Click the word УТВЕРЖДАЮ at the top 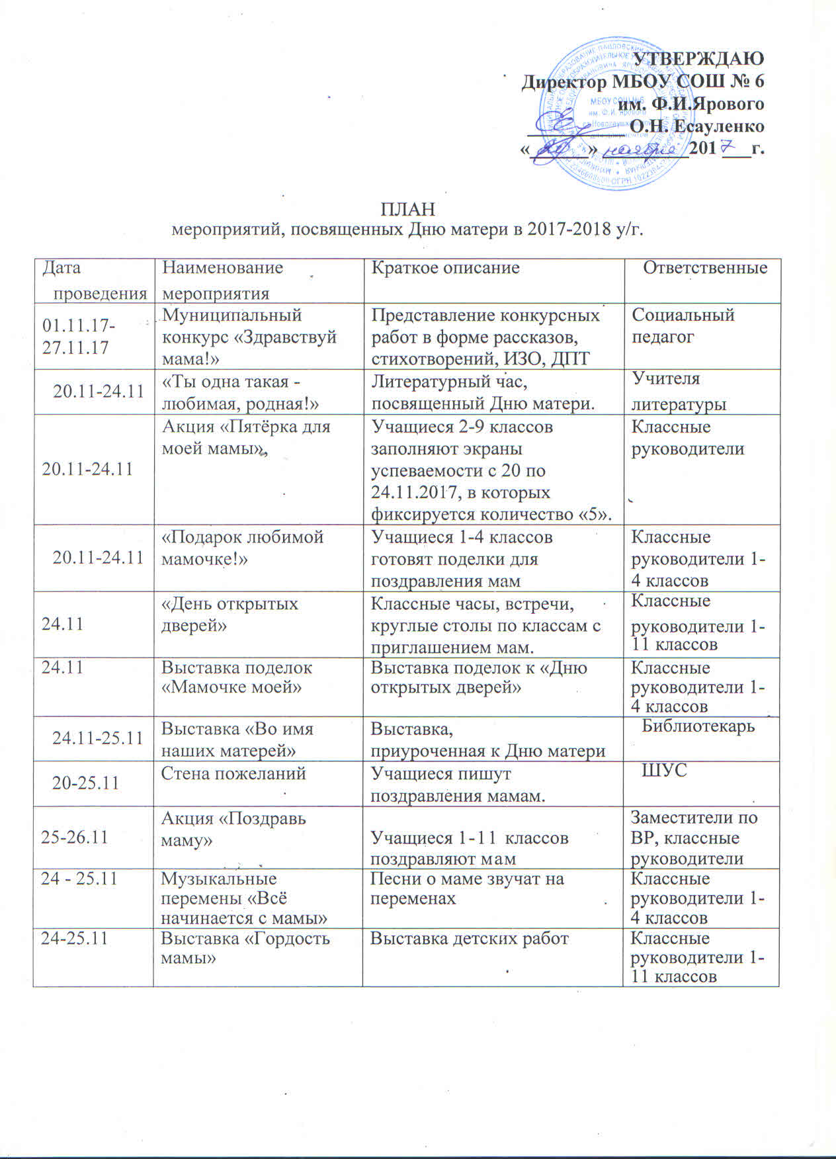(x=699, y=59)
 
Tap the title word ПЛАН (x=408, y=210)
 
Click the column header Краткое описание (x=445, y=268)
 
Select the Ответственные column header (x=705, y=268)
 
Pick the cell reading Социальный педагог (x=683, y=325)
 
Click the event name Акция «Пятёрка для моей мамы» (x=246, y=437)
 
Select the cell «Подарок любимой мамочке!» (x=243, y=547)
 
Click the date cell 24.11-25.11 (x=97, y=738)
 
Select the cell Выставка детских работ (x=469, y=938)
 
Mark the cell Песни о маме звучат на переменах (x=466, y=888)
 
